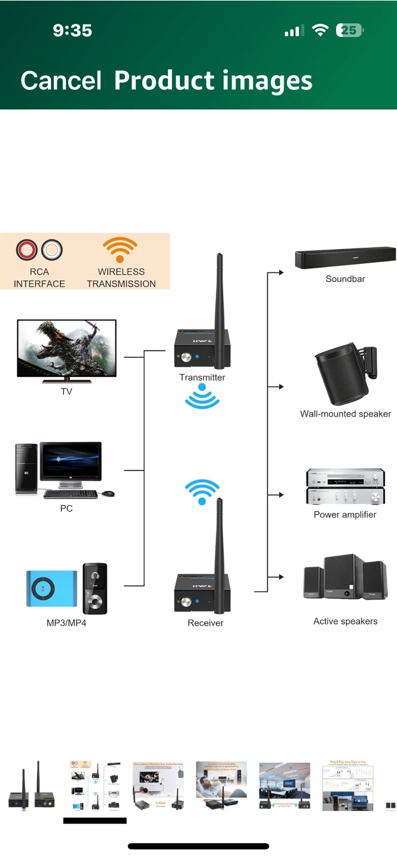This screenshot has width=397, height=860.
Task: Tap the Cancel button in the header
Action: click(x=60, y=81)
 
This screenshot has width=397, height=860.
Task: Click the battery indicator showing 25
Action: click(x=350, y=30)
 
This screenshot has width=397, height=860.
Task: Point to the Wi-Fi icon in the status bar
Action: click(x=321, y=30)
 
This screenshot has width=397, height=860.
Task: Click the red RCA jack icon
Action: click(x=27, y=250)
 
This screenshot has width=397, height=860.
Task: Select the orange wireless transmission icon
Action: click(x=120, y=250)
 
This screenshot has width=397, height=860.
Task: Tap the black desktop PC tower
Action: click(x=26, y=469)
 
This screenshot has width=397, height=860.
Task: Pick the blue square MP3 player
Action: click(x=51, y=589)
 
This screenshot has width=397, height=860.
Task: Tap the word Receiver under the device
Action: click(x=205, y=623)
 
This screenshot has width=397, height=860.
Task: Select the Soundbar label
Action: click(x=345, y=279)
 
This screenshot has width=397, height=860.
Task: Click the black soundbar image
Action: click(x=345, y=258)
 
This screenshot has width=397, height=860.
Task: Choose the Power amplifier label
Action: click(x=345, y=514)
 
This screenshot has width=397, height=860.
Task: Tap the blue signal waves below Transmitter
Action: click(x=202, y=397)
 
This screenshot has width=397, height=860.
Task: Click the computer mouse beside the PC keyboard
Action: click(x=108, y=494)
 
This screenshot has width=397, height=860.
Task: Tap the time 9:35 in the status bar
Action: click(x=72, y=30)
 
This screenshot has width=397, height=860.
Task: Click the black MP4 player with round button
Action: click(x=94, y=589)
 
